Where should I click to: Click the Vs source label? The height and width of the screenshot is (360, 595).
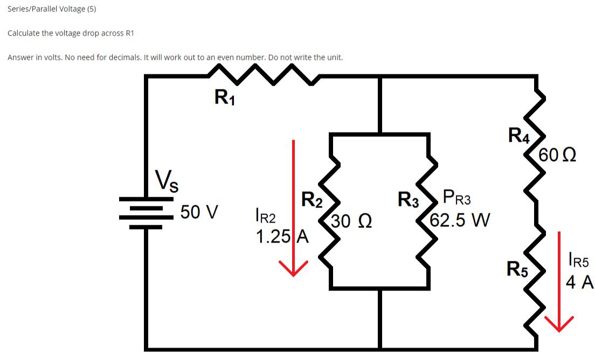tap(168, 181)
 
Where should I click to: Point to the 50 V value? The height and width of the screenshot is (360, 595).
tap(199, 212)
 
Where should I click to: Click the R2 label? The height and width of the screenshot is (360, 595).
tap(312, 199)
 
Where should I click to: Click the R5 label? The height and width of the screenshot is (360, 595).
tap(518, 268)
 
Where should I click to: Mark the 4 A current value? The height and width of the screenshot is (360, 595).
tap(579, 282)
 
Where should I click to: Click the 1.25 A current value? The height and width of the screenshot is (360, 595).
tap(281, 237)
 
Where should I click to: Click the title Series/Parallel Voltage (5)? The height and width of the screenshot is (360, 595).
tap(52, 9)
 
